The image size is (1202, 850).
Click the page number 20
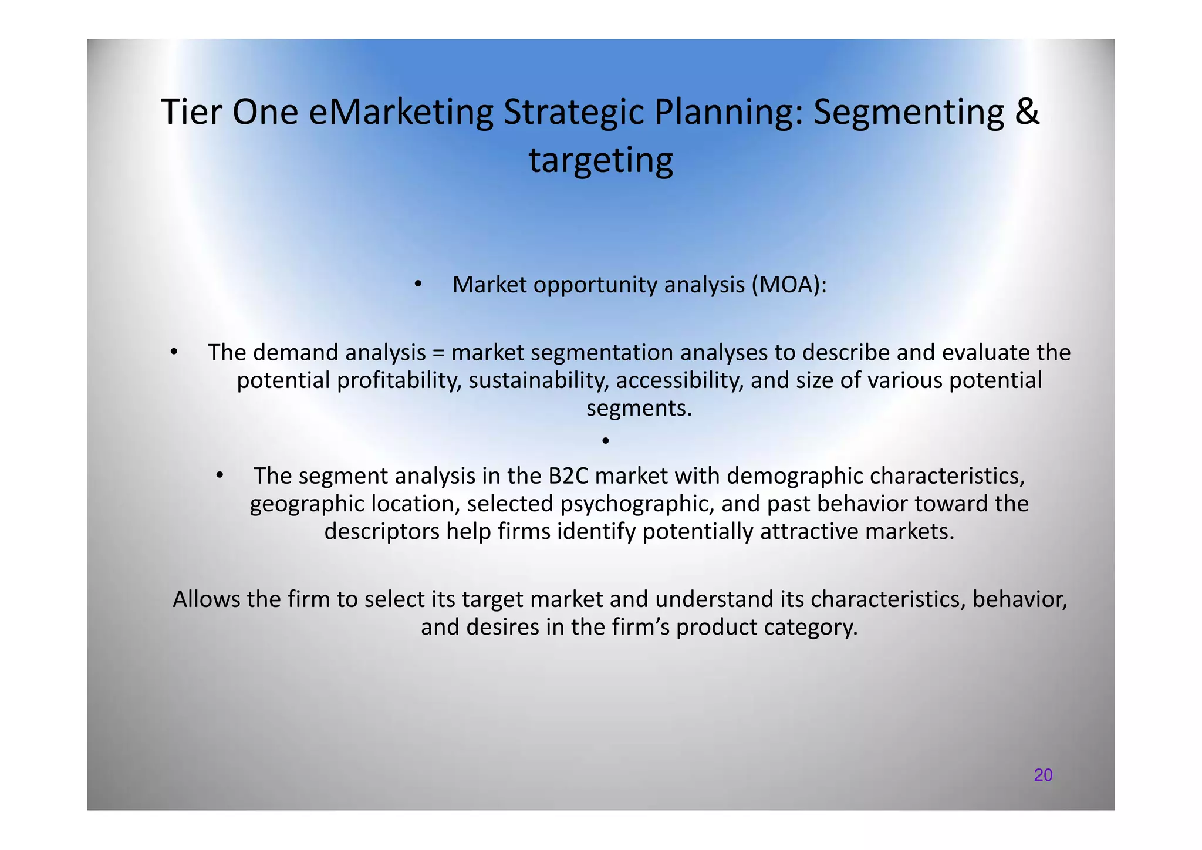pyautogui.click(x=1043, y=775)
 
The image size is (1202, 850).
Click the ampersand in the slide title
pyautogui.click(x=1027, y=112)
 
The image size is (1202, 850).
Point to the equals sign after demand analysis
pyautogui.click(x=438, y=353)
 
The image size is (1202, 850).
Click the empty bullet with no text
pyautogui.click(x=606, y=440)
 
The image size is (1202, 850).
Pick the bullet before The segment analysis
pyautogui.click(x=219, y=475)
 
